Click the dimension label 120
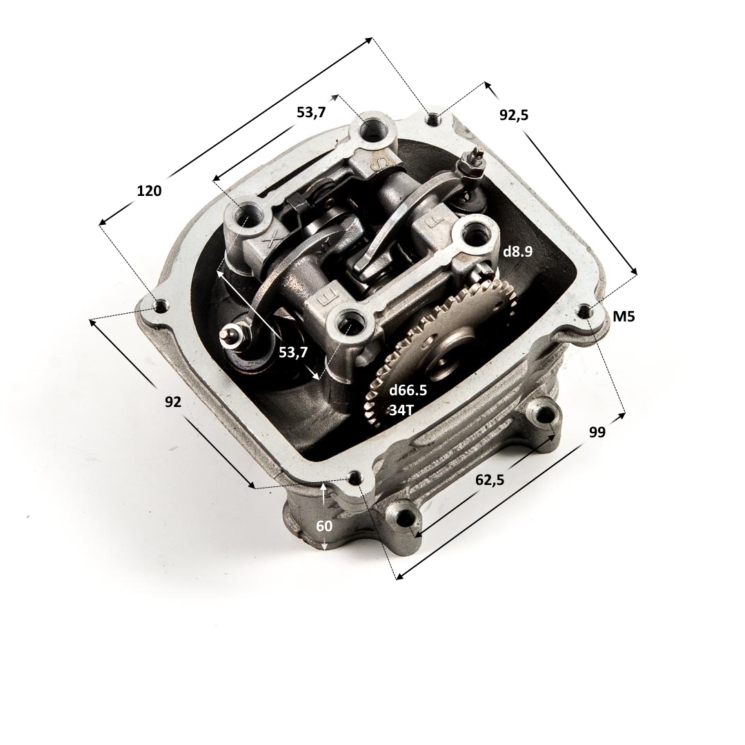click(x=149, y=191)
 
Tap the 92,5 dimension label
click(x=514, y=115)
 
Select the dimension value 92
click(x=173, y=402)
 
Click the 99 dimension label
click(x=597, y=433)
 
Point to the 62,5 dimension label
click(x=490, y=480)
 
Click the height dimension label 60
click(x=324, y=526)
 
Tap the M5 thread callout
click(x=624, y=317)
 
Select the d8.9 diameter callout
click(x=518, y=252)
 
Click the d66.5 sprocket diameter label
click(x=408, y=390)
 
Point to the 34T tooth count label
click(x=402, y=410)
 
